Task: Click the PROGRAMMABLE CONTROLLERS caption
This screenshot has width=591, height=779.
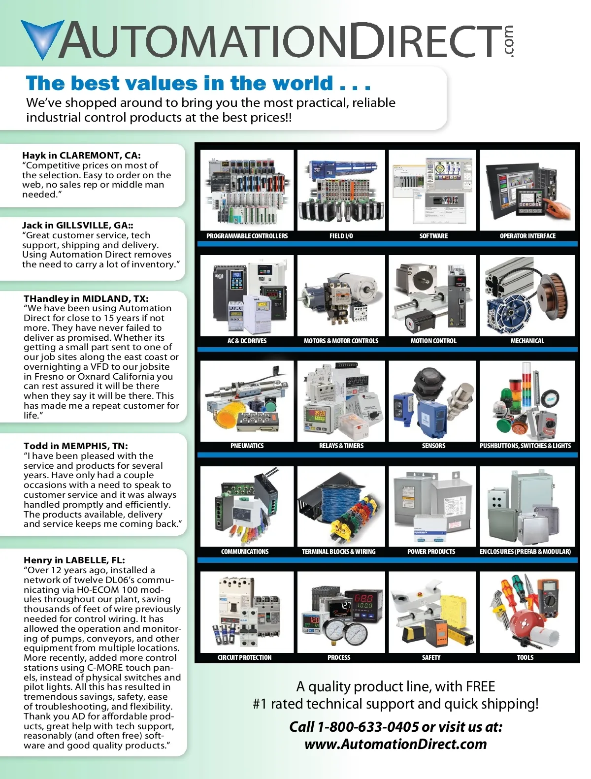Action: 247,236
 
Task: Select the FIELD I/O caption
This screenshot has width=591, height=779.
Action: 341,236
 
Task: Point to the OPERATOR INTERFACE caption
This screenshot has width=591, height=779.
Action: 527,236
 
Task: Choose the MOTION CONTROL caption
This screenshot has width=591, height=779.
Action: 433,341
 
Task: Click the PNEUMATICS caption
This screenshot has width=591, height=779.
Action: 247,446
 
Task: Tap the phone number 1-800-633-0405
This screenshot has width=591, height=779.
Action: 368,727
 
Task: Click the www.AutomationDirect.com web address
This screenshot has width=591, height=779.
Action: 395,744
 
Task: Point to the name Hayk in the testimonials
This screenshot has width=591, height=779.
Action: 33,156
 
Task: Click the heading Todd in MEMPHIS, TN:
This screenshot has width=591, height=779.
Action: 76,446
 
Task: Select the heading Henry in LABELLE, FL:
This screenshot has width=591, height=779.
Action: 74,560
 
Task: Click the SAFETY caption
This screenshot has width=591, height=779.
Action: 431,658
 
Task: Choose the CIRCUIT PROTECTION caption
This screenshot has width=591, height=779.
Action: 245,658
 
